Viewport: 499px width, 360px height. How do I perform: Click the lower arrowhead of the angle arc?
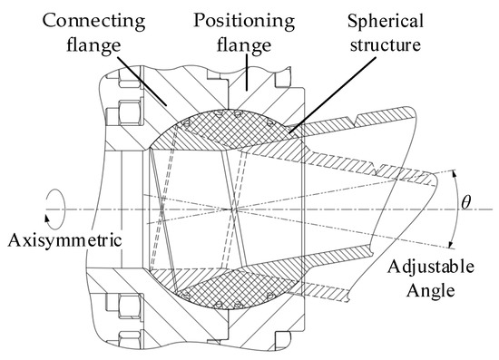(453, 243)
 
